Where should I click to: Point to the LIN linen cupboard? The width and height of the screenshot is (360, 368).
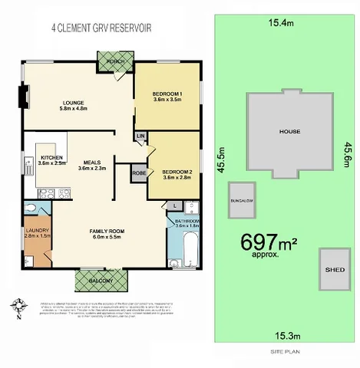pos(140,137)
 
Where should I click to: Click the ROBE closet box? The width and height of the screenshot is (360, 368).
pos(138,172)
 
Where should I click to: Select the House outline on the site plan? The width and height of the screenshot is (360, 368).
pos(289,130)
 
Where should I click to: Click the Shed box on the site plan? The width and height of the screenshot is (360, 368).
pos(332,269)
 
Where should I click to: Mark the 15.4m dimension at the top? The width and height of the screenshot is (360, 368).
pos(281,23)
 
